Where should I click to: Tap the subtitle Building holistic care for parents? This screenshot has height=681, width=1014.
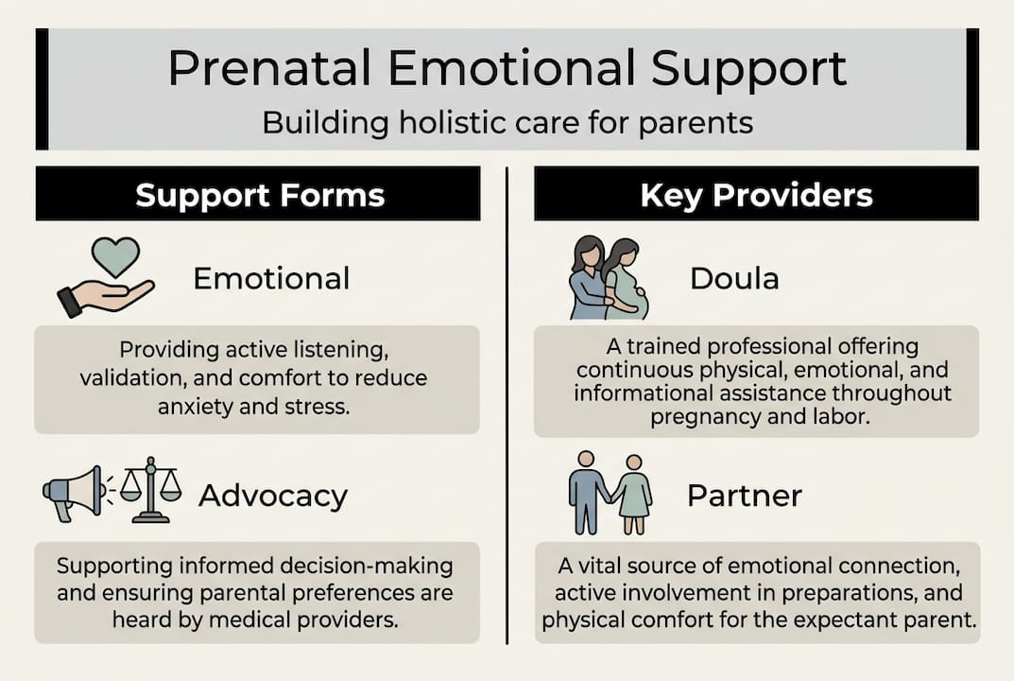coord(507,124)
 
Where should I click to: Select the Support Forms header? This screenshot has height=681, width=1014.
coord(260,196)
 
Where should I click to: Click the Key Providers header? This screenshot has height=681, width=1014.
coord(756,196)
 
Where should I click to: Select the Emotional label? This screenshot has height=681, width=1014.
coord(271,278)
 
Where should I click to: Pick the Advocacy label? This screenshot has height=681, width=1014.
coord(273,496)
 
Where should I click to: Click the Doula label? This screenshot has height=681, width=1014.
coord(733,278)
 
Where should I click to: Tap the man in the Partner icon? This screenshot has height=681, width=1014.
coord(586,490)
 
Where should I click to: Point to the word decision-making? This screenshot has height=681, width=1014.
coord(375,567)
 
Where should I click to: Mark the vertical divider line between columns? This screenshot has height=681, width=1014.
coord(507,407)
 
